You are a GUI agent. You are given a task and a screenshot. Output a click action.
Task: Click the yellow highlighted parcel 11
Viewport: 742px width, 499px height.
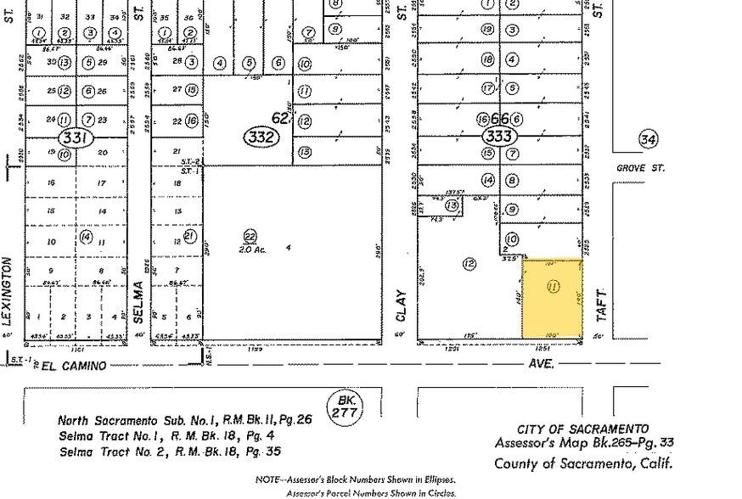pos(552,298)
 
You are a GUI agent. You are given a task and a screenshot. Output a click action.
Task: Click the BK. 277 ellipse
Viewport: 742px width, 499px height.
pos(346,405)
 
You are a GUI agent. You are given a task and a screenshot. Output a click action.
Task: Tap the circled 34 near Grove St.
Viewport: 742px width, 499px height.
pos(649,138)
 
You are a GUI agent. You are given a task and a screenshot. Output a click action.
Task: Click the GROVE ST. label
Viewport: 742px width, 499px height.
pos(640,168)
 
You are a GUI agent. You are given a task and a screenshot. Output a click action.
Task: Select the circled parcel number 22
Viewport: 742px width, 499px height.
pos(250,235)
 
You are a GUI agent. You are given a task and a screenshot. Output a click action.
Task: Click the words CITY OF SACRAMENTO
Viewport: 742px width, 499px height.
pos(583,429)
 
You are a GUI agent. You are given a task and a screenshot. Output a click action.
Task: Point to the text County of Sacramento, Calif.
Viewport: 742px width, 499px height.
pos(583,463)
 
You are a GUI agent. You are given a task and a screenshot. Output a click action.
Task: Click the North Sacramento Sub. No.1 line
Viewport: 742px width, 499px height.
pos(183,420)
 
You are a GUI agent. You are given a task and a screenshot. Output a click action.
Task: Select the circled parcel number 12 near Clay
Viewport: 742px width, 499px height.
pos(469,264)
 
